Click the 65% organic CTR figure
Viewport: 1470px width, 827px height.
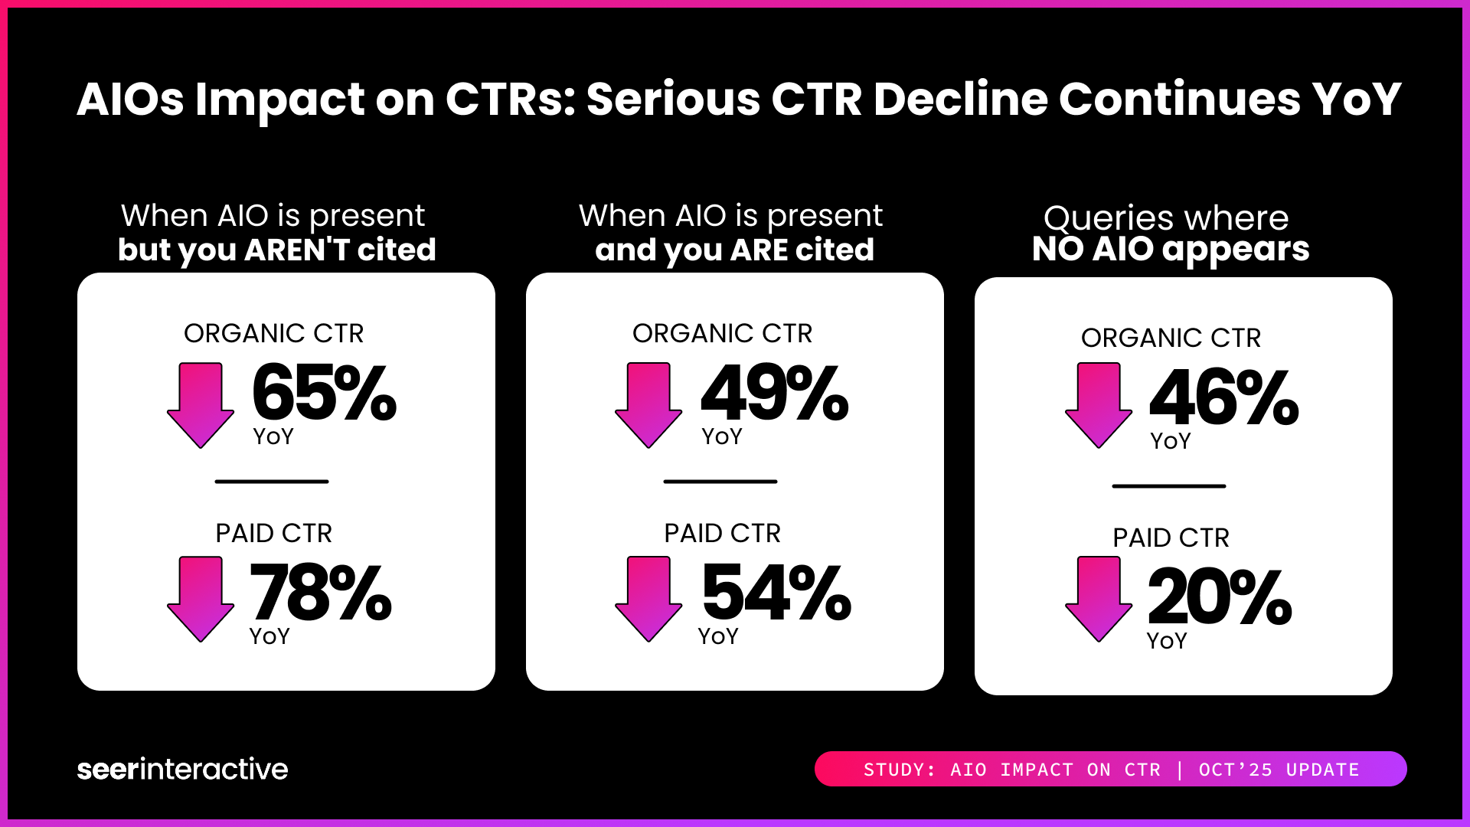pos(324,394)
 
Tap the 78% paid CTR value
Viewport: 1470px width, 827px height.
pos(320,593)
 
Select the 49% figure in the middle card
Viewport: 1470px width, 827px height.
pos(774,394)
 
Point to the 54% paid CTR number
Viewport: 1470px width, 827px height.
pos(776,593)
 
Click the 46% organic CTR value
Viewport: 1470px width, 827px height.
pos(1223,398)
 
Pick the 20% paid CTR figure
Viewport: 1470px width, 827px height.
pos(1219,598)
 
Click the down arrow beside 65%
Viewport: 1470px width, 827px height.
pos(201,405)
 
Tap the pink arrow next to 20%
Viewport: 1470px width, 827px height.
pos(1098,599)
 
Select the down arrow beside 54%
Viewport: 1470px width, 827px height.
pos(648,599)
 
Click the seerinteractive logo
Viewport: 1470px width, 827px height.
pos(182,769)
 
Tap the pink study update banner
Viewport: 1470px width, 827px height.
pos(1110,769)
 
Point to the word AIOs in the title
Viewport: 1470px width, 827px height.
pos(130,100)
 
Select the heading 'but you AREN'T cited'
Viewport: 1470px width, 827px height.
pos(276,250)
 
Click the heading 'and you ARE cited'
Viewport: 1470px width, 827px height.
pos(734,250)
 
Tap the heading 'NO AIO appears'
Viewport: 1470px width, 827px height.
pos(1170,249)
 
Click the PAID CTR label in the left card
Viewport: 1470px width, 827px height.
pos(273,533)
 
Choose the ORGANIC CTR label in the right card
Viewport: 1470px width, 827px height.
pos(1171,338)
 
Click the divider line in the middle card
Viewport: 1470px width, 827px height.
pos(720,482)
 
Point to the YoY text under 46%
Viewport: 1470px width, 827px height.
pos(1170,441)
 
